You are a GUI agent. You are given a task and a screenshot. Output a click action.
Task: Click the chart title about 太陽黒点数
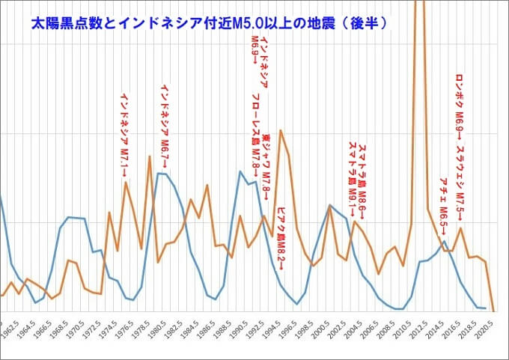click(209, 23)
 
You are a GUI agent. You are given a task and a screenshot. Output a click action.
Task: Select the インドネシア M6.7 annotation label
click(165, 123)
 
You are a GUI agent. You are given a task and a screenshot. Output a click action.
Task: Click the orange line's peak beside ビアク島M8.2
click(281, 130)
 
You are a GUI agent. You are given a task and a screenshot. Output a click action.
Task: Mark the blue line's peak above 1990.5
click(240, 171)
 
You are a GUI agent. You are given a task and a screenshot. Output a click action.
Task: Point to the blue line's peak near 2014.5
click(445, 241)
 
